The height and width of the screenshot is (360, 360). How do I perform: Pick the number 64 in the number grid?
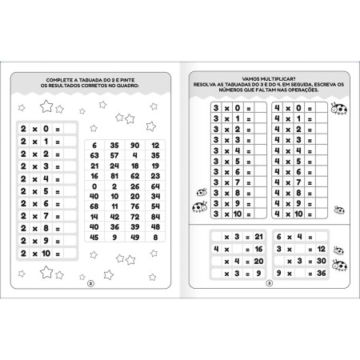tap(155, 186)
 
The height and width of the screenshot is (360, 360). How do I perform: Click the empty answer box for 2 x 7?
tap(70, 215)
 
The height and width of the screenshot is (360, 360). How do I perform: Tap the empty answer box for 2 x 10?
tap(70, 253)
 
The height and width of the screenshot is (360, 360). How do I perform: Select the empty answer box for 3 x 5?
tap(257, 160)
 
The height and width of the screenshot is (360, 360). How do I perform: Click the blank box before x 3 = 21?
tap(218, 237)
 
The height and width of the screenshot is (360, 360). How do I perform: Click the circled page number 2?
tap(90, 282)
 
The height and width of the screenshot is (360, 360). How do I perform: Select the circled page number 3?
tap(269, 282)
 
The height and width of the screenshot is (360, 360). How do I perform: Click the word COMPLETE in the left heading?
tap(61, 79)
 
